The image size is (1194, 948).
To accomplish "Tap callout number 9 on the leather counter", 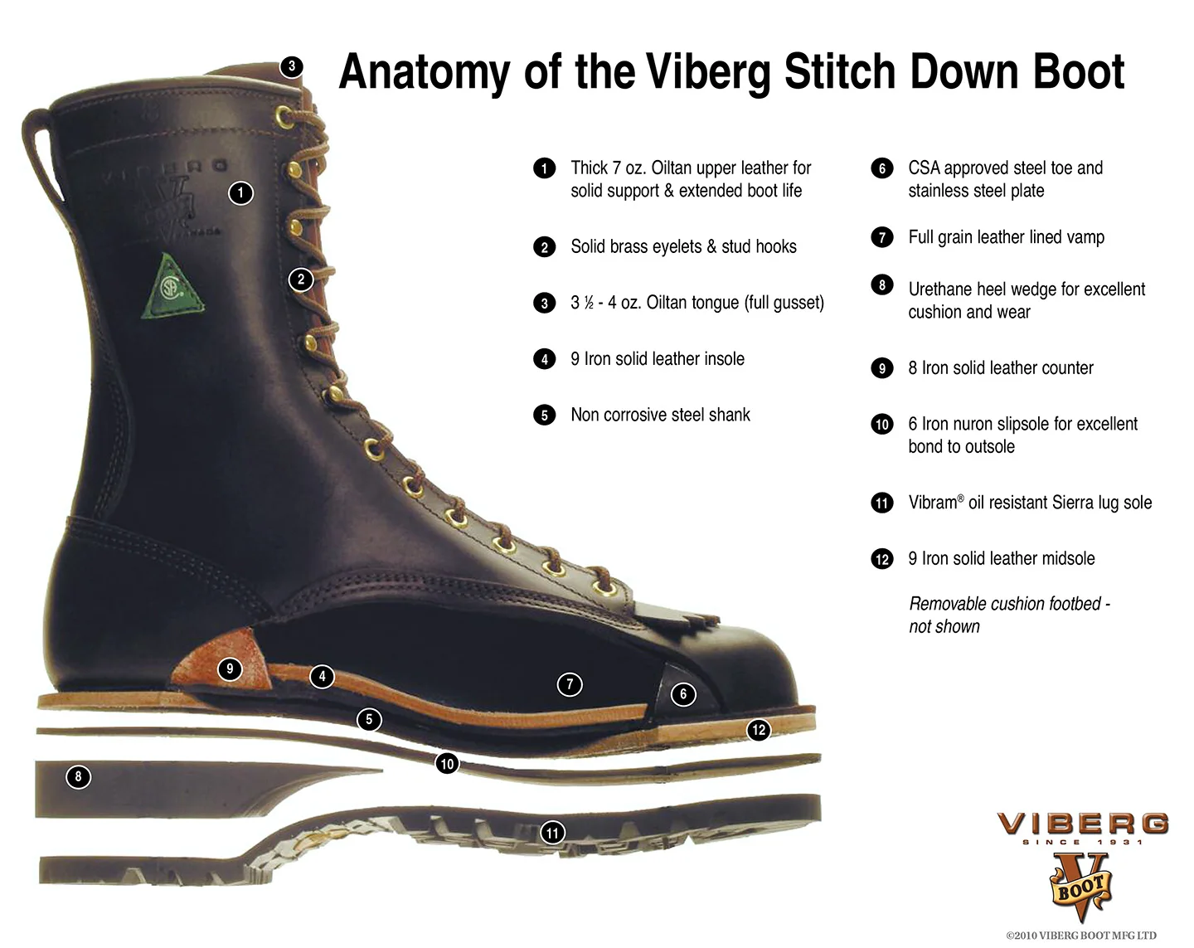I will tap(230, 668).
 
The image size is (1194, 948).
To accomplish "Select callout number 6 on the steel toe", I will tap(683, 694).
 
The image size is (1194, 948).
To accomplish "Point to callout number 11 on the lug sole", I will tap(553, 832).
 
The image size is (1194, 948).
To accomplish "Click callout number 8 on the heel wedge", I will tap(78, 777).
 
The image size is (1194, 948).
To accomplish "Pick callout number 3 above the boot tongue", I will tap(291, 66).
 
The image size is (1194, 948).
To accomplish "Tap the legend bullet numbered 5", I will tap(544, 415).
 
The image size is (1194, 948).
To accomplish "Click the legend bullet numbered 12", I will tap(881, 559).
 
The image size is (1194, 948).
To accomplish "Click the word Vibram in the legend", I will tap(933, 503).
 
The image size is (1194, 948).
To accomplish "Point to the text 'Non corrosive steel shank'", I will tap(660, 415).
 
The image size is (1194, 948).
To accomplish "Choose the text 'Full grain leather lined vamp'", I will tap(1006, 237).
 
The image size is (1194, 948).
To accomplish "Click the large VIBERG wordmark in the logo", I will tap(1082, 824).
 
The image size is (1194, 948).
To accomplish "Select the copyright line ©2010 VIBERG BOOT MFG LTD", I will tap(1080, 936).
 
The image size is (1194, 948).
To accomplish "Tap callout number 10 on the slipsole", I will tap(447, 764).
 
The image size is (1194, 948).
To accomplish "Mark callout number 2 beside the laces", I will tap(301, 280).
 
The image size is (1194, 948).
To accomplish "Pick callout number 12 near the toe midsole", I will tap(758, 730).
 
